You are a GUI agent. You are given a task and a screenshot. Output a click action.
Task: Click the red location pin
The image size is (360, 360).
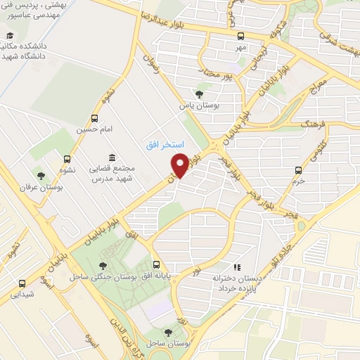pyautogui.click(x=180, y=166)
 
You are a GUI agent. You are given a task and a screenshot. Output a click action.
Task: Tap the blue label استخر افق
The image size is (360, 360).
pyautogui.click(x=164, y=144)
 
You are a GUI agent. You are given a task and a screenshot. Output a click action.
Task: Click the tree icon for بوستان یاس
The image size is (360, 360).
pyautogui.click(x=199, y=94)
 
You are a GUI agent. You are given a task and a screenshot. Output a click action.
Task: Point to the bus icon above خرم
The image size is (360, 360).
pyautogui.click(x=299, y=169)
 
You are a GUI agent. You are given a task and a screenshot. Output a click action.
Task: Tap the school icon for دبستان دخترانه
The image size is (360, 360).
pyautogui.click(x=238, y=267)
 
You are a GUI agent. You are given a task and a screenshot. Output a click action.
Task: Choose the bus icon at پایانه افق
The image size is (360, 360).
pyautogui.click(x=156, y=265)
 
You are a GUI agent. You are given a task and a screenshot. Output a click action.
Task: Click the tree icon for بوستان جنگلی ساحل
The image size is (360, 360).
pyautogui.click(x=103, y=265)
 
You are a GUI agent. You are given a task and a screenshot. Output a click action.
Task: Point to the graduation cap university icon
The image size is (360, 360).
pyautogui.click(x=10, y=36)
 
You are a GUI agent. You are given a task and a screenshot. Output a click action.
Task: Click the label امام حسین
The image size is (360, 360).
pyautogui.click(x=95, y=131)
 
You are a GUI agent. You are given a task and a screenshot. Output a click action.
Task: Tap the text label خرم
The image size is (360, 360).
pyautogui.click(x=300, y=181)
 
